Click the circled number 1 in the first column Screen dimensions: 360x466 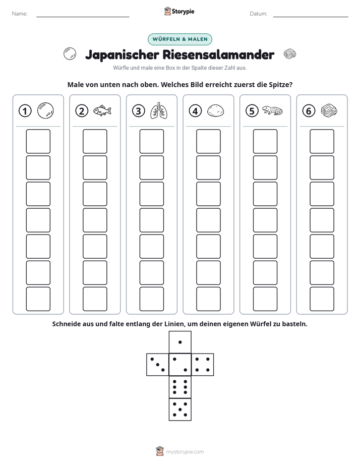tap(25, 111)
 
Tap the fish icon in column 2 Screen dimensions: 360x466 tap(102, 110)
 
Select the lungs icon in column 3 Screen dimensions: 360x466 tap(159, 111)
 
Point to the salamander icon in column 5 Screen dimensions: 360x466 tap(272, 110)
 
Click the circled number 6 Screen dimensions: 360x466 tap(309, 111)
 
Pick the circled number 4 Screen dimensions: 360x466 tap(195, 111)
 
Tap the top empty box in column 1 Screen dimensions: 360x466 tap(38, 141)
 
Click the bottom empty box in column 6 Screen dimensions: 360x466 tap(322, 299)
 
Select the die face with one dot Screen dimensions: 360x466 tap(180, 342)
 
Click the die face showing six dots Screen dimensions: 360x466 tap(180, 387)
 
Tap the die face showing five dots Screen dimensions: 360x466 tap(180, 409)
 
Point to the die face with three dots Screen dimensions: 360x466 tap(158, 364)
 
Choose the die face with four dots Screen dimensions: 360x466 tap(203, 364)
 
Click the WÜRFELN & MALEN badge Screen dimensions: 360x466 tap(180, 39)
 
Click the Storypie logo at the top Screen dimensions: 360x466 tap(179, 11)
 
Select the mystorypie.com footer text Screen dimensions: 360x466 tap(185, 452)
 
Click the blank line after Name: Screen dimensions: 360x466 tap(83, 17)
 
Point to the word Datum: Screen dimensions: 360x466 tap(259, 14)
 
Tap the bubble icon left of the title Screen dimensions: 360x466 tap(70, 54)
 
